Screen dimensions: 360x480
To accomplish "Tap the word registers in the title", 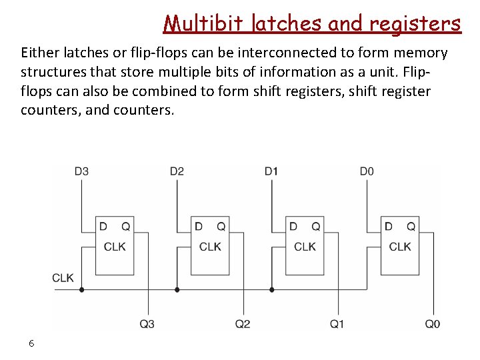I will tap(415, 24).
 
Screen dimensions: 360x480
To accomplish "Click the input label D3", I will tap(81, 171).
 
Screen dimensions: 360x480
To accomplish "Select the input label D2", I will tap(177, 171).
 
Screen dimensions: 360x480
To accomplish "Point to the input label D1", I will tap(271, 171).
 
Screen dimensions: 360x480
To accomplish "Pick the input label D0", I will tap(367, 171).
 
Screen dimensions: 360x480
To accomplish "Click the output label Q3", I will tap(147, 324).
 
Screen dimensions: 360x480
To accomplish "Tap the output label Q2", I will tap(243, 324).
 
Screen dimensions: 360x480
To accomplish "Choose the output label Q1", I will tap(337, 324).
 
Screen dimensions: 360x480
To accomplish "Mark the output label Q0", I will tap(433, 324).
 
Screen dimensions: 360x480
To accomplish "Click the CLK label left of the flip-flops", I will tap(63, 278).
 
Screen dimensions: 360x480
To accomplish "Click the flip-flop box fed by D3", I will tap(114, 245).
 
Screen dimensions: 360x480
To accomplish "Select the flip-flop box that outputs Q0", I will tap(399, 245).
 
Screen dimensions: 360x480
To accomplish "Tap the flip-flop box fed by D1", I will tap(304, 245).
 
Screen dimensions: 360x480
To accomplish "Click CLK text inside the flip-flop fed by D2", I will tap(210, 247).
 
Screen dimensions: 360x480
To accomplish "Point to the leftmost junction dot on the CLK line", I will tap(82, 290).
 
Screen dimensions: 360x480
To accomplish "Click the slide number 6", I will tap(31, 343).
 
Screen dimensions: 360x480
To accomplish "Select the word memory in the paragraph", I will tap(421, 53).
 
